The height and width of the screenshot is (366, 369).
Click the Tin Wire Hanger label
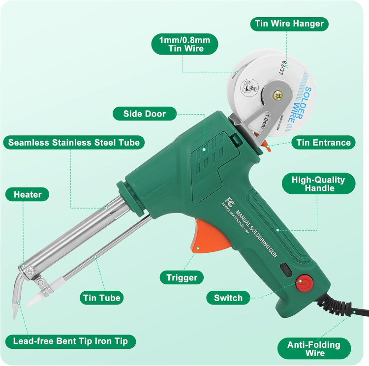[289, 24]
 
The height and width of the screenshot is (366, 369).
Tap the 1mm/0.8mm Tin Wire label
[184, 44]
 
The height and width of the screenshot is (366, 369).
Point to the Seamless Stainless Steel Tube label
[74, 143]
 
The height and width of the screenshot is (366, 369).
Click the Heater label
[27, 194]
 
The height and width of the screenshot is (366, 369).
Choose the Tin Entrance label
[323, 143]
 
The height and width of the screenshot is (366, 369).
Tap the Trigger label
[182, 277]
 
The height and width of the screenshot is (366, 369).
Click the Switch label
[228, 298]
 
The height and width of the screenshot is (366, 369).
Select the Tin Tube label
[100, 298]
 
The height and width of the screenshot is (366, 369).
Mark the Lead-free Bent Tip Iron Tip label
[70, 341]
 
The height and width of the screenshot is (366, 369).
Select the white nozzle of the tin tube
[37, 297]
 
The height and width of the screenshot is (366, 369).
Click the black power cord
[344, 307]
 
